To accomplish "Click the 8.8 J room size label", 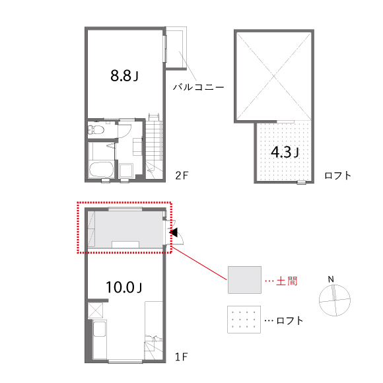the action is point(124,75).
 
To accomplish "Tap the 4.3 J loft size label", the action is point(285,152).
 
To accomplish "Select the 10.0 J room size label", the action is point(124,287).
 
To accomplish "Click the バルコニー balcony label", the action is point(198,87).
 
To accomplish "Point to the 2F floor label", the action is point(182,176).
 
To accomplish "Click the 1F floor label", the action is point(181,357).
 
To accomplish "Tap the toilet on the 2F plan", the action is point(96,129).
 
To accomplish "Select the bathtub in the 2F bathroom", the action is point(101,169).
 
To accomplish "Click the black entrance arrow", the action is point(174,232).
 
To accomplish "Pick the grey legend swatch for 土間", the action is point(244,280).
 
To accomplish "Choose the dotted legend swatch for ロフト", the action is point(244,319).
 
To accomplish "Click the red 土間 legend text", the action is point(287,281).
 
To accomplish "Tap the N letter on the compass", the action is point(331,279).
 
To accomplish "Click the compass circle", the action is point(319,300).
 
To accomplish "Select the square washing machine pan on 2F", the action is point(126,171).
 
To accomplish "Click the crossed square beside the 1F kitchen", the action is point(95,310).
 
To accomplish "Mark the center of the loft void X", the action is point(274,77).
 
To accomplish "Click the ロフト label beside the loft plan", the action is point(338,176).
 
